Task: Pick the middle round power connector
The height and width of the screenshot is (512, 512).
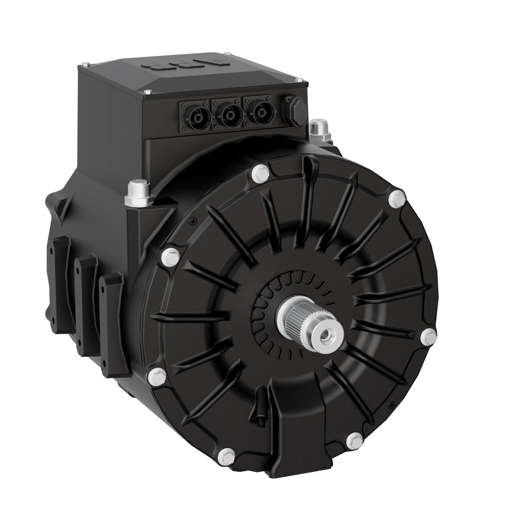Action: (x=227, y=114)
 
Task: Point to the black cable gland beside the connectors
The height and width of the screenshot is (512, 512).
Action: (x=294, y=108)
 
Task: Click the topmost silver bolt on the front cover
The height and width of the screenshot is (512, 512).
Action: (x=260, y=172)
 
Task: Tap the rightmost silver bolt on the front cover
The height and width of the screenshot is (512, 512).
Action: (x=428, y=336)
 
